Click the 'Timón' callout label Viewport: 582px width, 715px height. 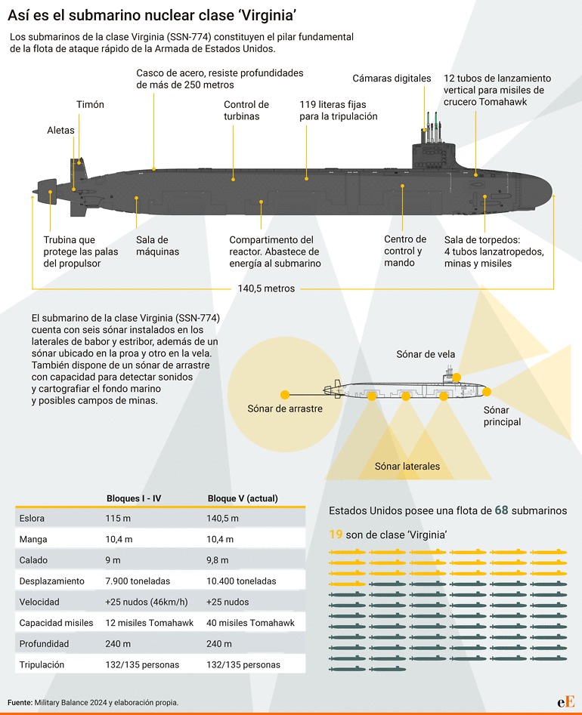[90, 104]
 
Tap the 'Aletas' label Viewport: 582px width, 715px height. [60, 130]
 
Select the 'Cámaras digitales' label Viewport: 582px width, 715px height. [392, 79]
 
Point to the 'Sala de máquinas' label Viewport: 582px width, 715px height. [158, 245]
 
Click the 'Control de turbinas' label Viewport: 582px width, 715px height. [246, 110]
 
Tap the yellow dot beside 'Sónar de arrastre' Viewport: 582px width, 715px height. [285, 395]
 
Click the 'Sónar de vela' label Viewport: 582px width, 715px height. [426, 354]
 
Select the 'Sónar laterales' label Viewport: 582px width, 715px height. [407, 466]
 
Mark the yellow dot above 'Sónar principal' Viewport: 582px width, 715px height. [488, 392]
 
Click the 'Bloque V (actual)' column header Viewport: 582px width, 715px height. [242, 498]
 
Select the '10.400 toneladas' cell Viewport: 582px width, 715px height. [241, 581]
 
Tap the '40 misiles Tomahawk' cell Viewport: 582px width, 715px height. [245, 623]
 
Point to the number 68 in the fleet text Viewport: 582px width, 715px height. [500, 510]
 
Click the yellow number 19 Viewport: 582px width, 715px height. [336, 535]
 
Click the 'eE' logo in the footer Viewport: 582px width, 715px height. [565, 701]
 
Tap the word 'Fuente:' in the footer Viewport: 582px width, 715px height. [20, 702]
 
